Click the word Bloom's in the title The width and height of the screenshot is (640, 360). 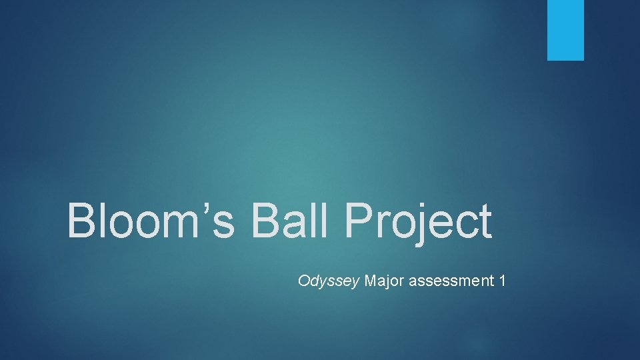[x=151, y=221]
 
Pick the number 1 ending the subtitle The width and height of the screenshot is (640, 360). [x=502, y=281]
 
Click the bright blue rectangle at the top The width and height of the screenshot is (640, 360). [x=565, y=30]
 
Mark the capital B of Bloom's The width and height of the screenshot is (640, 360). [x=81, y=221]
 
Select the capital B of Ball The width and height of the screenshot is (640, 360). [x=265, y=221]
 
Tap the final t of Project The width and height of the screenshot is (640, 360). [x=485, y=223]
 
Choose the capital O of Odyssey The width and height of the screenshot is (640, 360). [x=304, y=281]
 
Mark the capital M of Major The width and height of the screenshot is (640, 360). [x=371, y=281]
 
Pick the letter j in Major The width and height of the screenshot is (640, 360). [x=389, y=282]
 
